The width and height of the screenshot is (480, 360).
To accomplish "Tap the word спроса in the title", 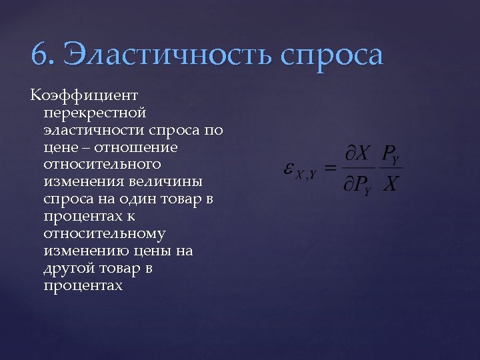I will point(332,56).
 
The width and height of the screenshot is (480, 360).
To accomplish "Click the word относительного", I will point(102,164).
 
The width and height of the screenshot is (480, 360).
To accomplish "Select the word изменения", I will point(81,181).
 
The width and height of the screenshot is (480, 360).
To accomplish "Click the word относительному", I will point(105,234).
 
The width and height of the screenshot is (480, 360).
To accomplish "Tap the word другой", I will point(68,269).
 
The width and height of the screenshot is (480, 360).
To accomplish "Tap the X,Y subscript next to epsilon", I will point(306,175).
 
